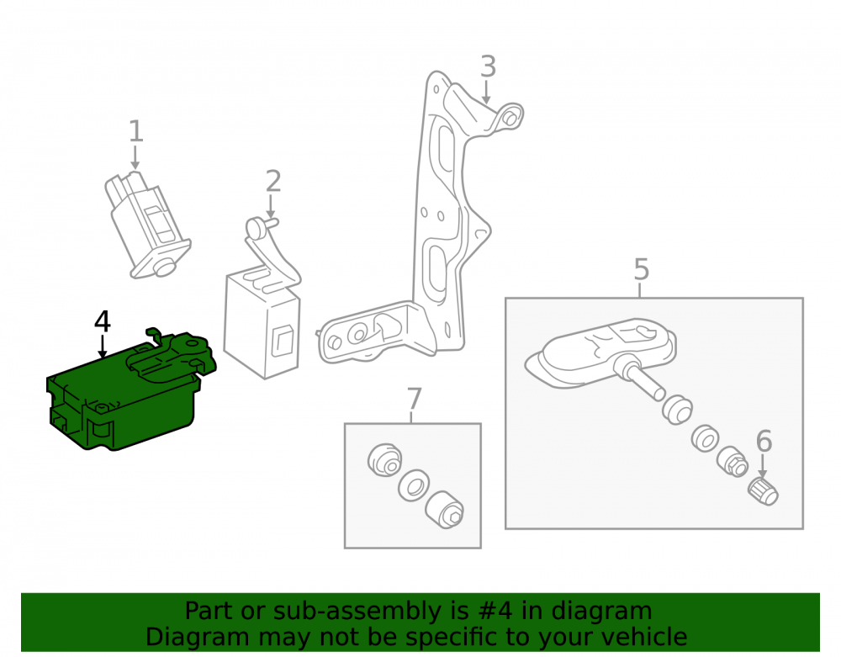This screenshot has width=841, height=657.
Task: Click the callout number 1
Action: point(135,131)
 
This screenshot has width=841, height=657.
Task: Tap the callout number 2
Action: point(273,181)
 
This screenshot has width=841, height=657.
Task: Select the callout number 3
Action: point(488,66)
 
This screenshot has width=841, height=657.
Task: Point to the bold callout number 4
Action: point(103,321)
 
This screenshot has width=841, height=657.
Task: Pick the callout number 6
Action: point(764,441)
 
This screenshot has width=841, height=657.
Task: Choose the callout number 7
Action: point(414,399)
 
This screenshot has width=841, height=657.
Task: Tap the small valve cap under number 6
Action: point(763,491)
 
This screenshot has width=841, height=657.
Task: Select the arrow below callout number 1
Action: point(135,157)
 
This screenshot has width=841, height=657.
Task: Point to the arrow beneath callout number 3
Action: point(486,92)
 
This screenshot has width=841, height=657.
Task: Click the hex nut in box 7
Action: point(445,510)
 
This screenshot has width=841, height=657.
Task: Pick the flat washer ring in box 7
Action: point(414,486)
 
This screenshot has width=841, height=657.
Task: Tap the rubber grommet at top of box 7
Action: point(384,459)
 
